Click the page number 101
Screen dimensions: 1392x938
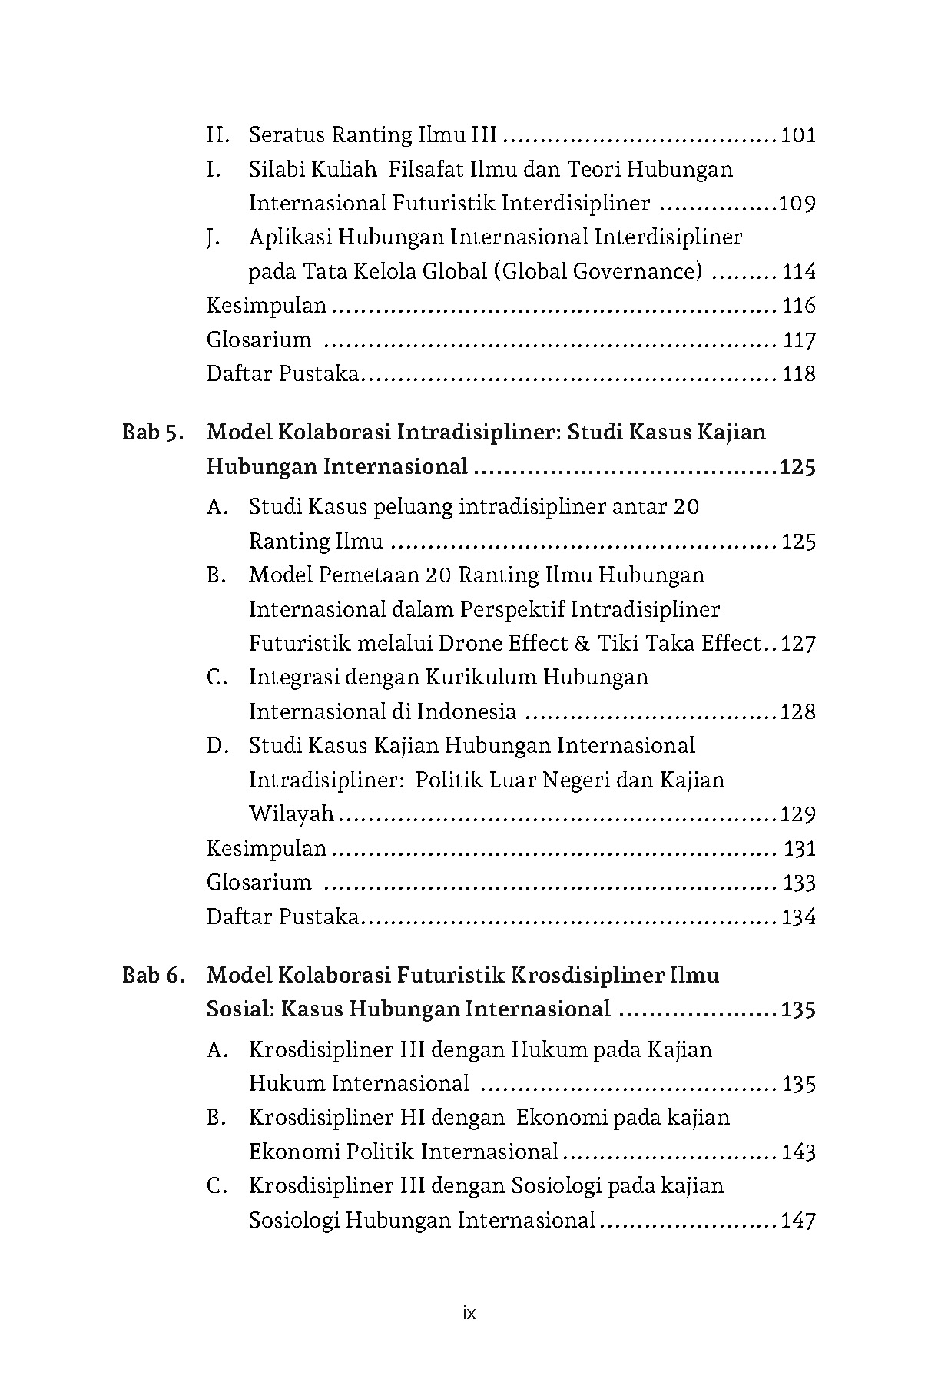(x=797, y=136)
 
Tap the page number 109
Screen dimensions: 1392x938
(x=797, y=204)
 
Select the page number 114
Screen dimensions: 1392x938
(x=798, y=272)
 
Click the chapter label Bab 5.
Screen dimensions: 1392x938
(x=153, y=433)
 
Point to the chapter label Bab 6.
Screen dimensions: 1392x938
(x=153, y=976)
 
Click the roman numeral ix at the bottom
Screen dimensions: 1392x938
(x=469, y=1314)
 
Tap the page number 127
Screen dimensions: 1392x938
(x=798, y=644)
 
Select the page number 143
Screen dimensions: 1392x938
(x=798, y=1152)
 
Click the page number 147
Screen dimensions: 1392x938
(x=798, y=1220)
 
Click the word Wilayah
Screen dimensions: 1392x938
(x=291, y=814)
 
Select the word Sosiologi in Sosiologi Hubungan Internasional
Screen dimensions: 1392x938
(x=292, y=1220)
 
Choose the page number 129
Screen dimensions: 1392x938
(x=797, y=814)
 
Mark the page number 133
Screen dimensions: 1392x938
(x=799, y=883)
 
